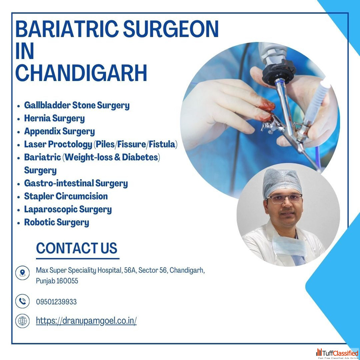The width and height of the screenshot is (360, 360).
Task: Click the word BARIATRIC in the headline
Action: pos(67,29)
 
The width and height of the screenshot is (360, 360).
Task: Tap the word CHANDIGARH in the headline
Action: pos(81,73)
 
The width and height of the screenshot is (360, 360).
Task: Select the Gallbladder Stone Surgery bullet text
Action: pos(76,105)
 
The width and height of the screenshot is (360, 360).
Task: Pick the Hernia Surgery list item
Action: pos(54,118)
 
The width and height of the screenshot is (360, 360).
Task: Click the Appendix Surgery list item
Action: pos(60,132)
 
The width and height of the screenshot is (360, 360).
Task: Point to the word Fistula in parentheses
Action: pos(162,144)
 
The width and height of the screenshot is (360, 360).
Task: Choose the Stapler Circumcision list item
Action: pos(66,196)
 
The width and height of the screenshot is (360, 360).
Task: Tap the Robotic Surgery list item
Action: pos(57,222)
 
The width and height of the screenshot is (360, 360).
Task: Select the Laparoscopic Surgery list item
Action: pos(68,209)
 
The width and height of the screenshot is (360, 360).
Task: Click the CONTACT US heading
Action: pos(76,248)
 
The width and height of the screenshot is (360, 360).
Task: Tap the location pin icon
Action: pos(22,273)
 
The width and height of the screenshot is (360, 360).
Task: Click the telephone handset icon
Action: pos(22,301)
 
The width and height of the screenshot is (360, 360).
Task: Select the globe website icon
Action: pos(22,321)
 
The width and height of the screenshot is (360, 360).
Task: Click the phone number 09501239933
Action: pos(56,301)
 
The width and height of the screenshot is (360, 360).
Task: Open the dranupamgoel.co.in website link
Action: pos(86,321)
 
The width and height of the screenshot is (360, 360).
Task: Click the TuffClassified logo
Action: pos(337,354)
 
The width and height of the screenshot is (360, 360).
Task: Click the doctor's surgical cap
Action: pos(282,183)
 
